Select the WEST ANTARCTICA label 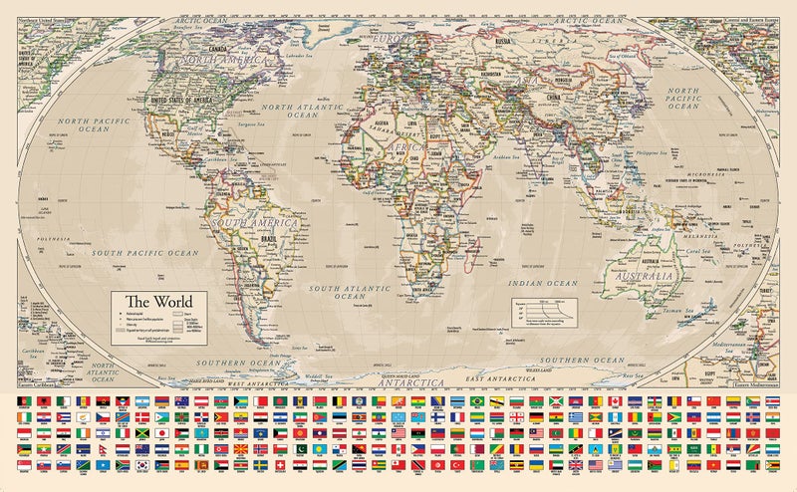(x=253, y=382)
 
